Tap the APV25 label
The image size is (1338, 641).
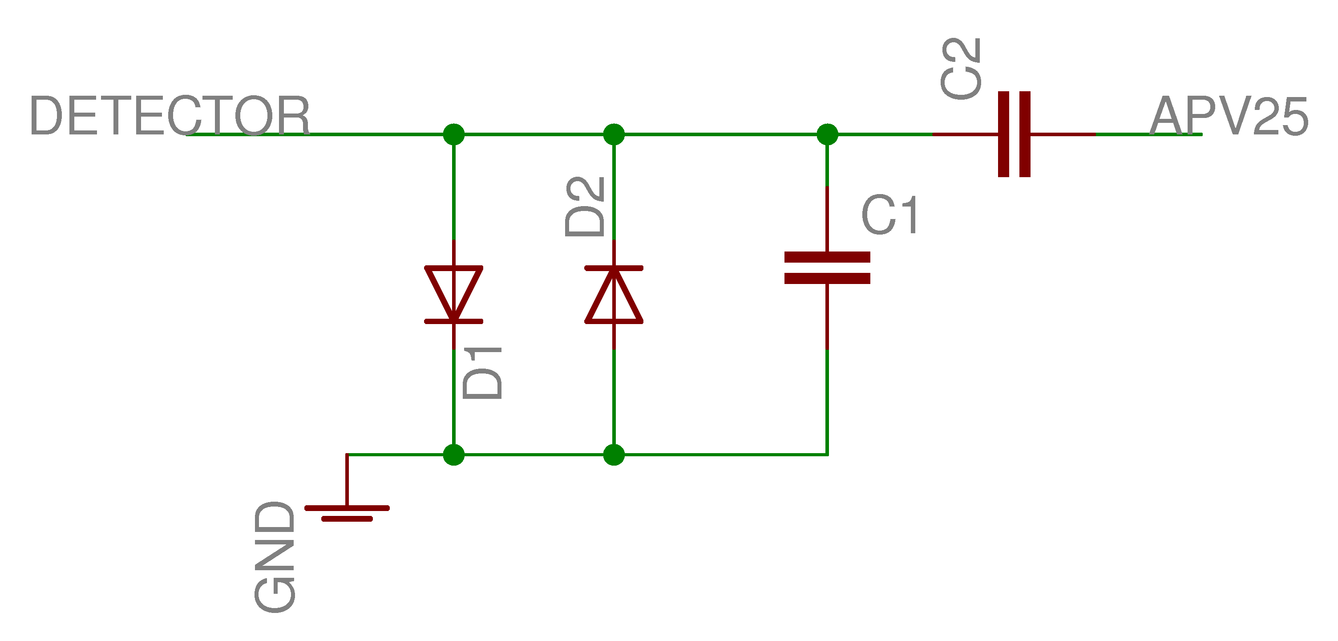click(x=1229, y=116)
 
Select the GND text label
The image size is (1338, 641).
click(x=275, y=556)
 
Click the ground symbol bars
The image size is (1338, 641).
click(x=347, y=513)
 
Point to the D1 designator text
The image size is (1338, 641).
click(x=482, y=373)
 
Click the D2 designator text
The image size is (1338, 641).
click(x=585, y=207)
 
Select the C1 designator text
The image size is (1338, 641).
click(x=890, y=215)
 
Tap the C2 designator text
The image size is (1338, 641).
click(x=961, y=69)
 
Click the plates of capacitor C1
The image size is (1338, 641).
click(x=827, y=268)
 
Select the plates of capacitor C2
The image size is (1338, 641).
click(x=1014, y=134)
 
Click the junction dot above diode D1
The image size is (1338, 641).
click(x=453, y=134)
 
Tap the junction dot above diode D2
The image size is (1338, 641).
click(x=614, y=134)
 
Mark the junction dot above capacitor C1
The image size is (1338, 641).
click(x=827, y=134)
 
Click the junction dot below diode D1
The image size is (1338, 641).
click(x=453, y=454)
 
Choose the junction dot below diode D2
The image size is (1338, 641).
click(x=614, y=454)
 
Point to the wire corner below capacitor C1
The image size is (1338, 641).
click(x=827, y=454)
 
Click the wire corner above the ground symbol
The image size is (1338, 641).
click(x=347, y=454)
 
